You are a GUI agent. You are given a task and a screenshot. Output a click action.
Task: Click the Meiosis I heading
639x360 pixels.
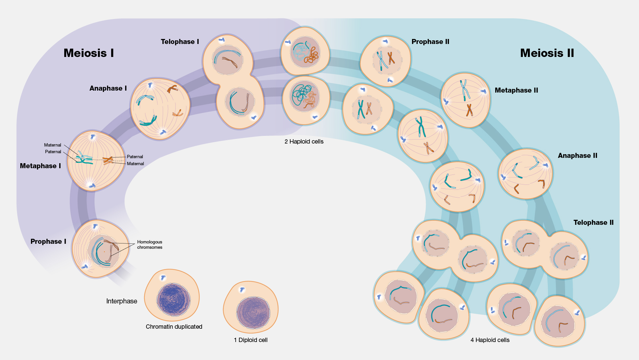[89, 53]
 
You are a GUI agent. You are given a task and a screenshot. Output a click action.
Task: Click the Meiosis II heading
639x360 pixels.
[547, 53]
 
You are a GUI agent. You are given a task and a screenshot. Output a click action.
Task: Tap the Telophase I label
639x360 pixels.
[180, 42]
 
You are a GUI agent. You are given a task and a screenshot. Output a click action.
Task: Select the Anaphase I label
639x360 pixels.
[108, 88]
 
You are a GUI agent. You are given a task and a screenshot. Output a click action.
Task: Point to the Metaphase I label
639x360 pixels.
[40, 166]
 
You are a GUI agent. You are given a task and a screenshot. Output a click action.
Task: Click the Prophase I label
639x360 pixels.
[48, 241]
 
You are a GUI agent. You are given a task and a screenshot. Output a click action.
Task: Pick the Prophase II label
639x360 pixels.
[430, 42]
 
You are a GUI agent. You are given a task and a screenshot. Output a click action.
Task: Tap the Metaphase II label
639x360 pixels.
[516, 90]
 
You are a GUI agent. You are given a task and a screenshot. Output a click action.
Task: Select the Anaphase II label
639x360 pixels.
[577, 156]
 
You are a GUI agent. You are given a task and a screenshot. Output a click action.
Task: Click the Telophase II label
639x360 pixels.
[593, 222]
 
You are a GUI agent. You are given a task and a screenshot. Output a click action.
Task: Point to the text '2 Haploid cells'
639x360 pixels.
[304, 142]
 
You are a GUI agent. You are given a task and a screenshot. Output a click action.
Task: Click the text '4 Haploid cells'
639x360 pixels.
[490, 340]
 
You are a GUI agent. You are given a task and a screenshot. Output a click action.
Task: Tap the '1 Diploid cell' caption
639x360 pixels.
[251, 340]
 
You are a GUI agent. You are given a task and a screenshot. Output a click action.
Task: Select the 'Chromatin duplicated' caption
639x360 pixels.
[174, 327]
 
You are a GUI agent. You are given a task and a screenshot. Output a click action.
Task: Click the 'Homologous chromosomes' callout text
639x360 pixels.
[149, 244]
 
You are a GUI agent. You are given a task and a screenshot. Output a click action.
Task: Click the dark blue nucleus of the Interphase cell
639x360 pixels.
[173, 299]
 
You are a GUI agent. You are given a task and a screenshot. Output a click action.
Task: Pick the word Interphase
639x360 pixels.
[121, 301]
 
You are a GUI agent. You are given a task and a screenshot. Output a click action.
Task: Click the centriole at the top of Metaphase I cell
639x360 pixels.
[93, 137]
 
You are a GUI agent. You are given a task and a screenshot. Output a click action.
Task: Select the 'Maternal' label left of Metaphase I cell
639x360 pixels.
[53, 145]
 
